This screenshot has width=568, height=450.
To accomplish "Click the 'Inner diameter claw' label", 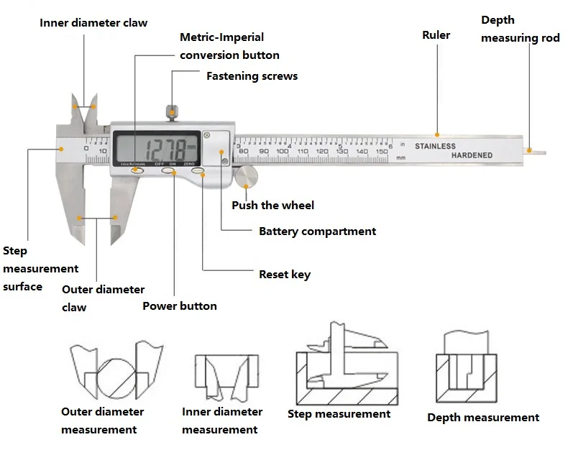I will pos(93,22).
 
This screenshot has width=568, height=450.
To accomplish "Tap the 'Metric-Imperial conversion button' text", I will pos(229,46).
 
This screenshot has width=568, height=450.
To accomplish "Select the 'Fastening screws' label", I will pos(252,75).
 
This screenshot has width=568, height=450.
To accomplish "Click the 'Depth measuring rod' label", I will pos(519,29).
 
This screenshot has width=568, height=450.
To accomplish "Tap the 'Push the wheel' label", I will pos(272,206).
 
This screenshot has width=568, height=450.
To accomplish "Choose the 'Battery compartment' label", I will pos(317,231).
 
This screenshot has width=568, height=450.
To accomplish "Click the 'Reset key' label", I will pos(285,274).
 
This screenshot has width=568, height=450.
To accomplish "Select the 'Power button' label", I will pos(179,306).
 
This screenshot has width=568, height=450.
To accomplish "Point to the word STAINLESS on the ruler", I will pos(435,146).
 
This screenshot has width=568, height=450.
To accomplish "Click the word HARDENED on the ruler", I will pos(472,155).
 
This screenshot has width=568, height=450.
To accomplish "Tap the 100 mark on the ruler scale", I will pos(283,152).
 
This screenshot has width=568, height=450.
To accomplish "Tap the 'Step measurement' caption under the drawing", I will pos(339,414).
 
